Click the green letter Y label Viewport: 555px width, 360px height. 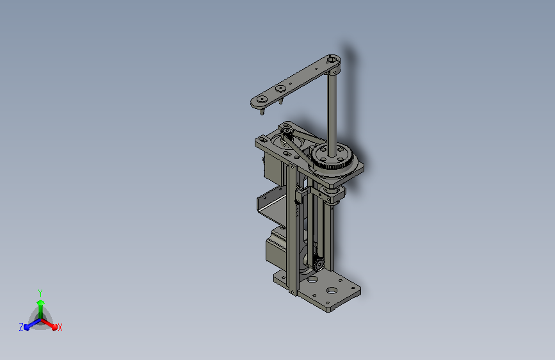pos(40,292)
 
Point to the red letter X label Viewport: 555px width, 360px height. pos(60,327)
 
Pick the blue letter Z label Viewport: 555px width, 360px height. pos(21,327)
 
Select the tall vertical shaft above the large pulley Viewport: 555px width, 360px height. pos(332,109)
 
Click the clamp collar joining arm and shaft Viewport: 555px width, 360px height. pos(332,61)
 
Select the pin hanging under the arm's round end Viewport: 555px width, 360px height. pos(262,112)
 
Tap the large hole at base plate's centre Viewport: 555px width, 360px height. pos(332,290)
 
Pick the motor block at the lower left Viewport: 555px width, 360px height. pos(277,247)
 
